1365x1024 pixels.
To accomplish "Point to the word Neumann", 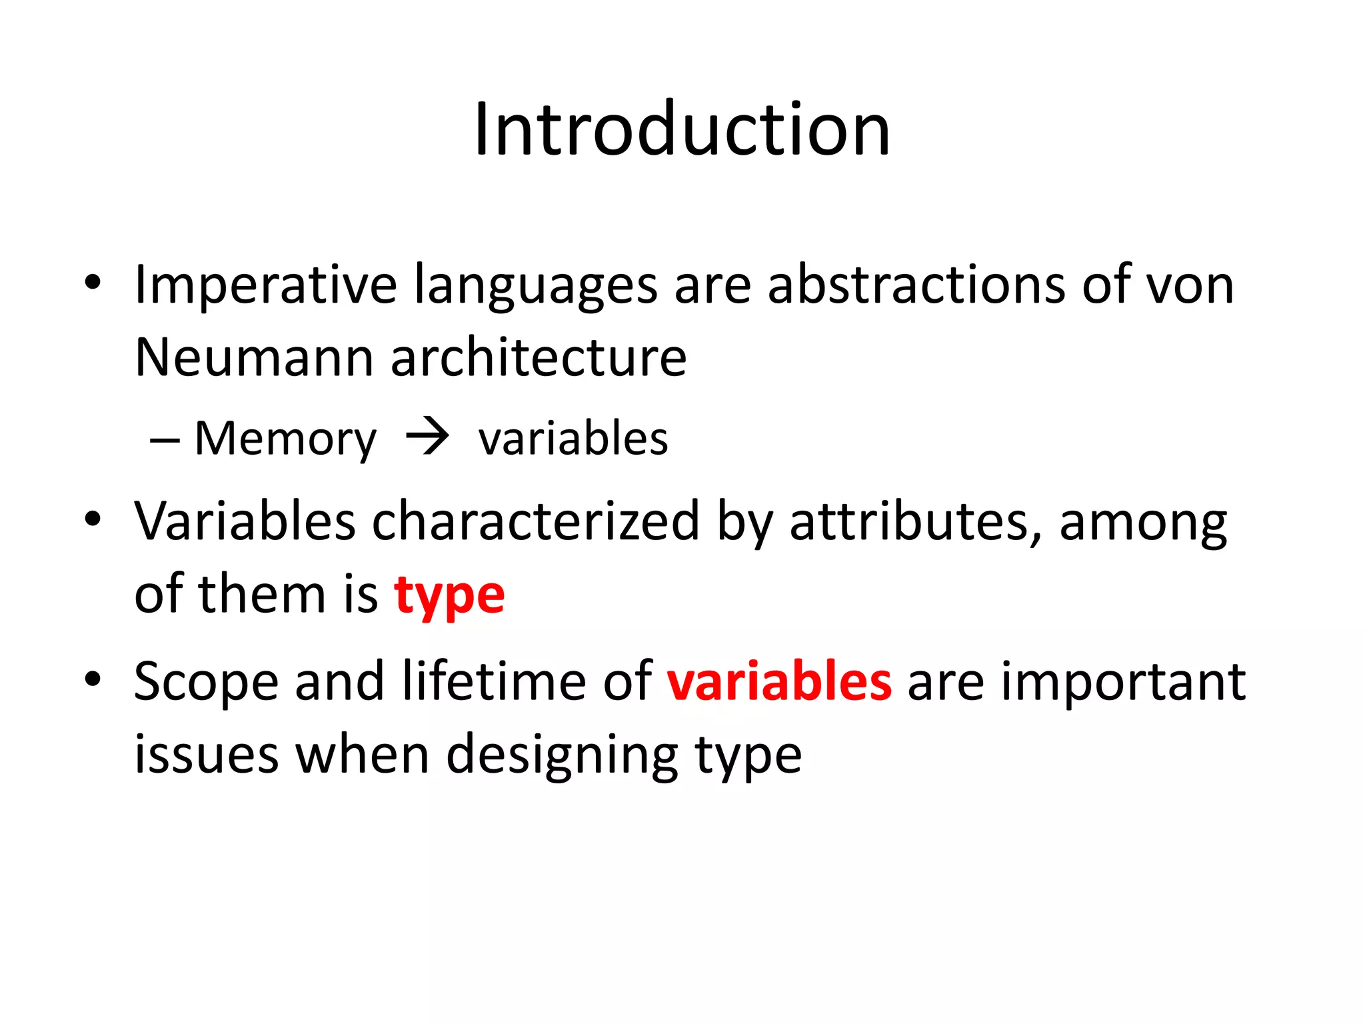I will click(253, 358).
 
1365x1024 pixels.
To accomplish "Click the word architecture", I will click(539, 358).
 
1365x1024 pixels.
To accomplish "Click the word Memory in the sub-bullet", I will click(285, 440).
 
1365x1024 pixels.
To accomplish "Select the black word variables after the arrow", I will click(573, 439).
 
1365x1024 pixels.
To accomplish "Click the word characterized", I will click(535, 521).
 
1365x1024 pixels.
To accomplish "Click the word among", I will click(1142, 523).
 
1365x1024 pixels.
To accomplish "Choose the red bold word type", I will click(449, 596).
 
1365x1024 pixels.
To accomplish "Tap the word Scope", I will click(206, 683).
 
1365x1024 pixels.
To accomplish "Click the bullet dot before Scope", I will click(93, 680).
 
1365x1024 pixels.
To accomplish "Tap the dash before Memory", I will click(165, 441).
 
